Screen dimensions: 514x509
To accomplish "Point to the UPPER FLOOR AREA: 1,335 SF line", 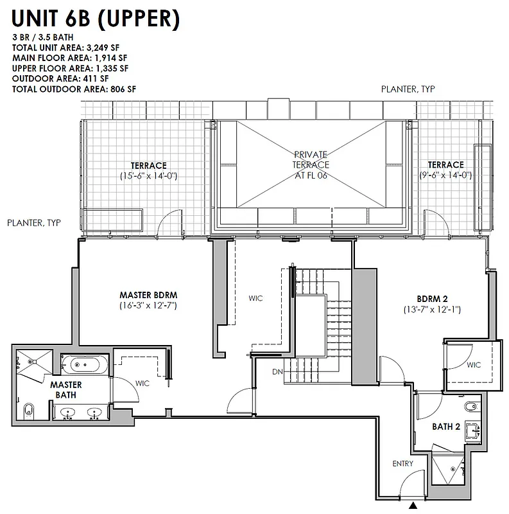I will click(x=70, y=68).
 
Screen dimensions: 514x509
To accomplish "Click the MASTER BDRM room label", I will click(x=148, y=296).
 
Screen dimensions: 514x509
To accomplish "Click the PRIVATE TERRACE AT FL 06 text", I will click(x=311, y=164).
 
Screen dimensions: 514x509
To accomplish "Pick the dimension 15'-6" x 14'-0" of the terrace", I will click(x=148, y=175).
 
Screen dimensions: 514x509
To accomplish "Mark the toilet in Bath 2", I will click(x=471, y=404).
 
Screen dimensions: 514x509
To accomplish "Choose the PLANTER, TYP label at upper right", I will click(x=408, y=89).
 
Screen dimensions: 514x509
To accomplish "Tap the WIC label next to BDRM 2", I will click(x=473, y=365).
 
